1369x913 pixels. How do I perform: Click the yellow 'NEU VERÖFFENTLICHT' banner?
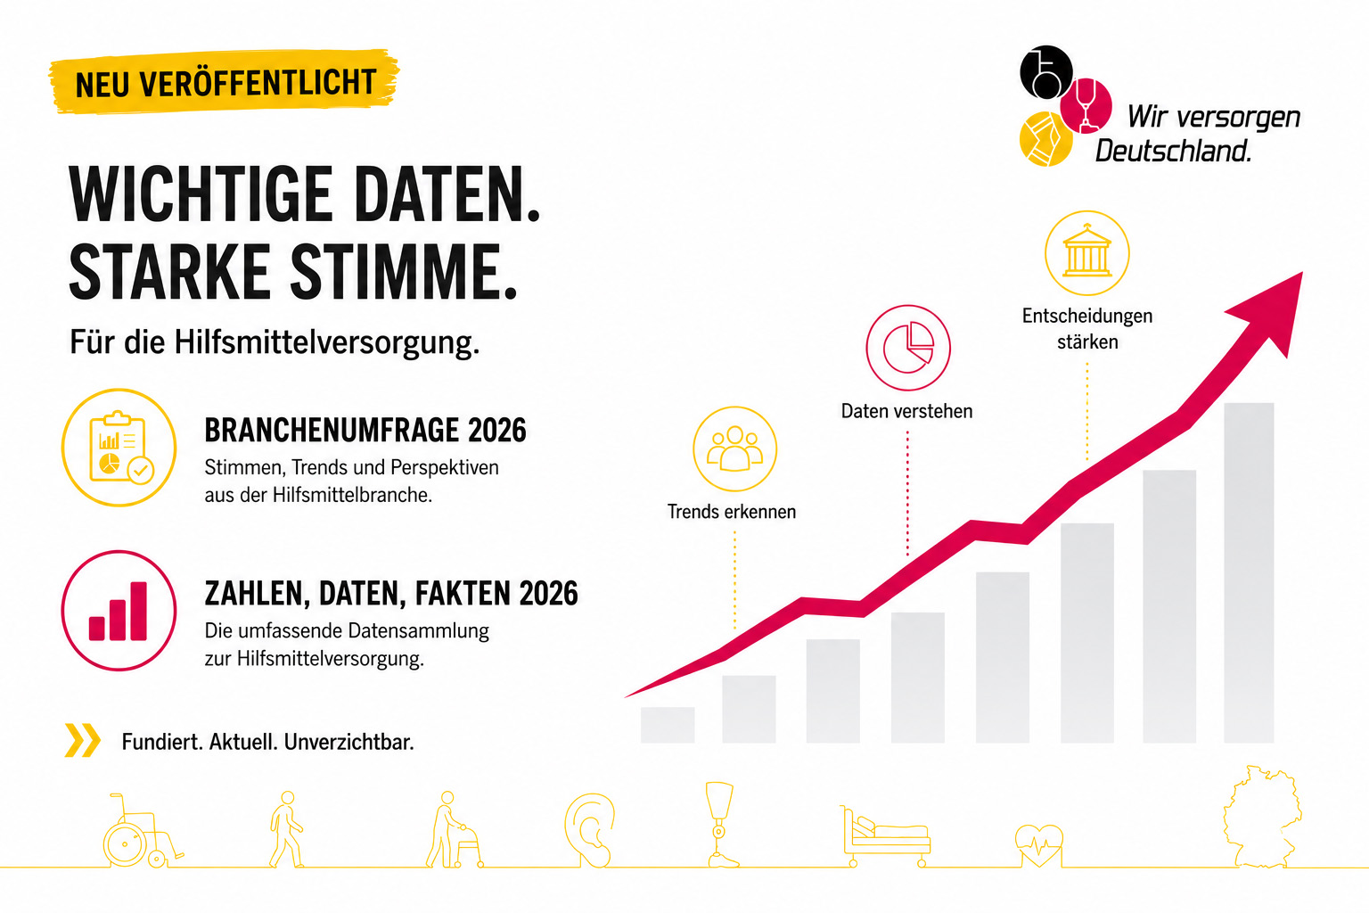point(224,82)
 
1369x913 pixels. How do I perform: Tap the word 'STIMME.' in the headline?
point(404,271)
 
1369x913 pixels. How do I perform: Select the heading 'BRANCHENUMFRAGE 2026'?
point(365,430)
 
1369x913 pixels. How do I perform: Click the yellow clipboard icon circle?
point(119,448)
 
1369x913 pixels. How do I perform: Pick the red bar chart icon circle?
point(119,610)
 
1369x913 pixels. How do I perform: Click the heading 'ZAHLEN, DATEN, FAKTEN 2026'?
point(391,593)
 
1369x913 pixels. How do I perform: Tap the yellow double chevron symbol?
point(83,741)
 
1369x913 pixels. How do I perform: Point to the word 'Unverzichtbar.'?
point(349,742)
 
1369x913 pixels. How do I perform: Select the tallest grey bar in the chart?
point(1249,573)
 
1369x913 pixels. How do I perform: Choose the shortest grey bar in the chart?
point(668,725)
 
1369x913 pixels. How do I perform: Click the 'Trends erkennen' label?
point(732,511)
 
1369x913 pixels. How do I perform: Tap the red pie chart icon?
point(908,348)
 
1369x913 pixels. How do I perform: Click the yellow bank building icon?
point(1087,252)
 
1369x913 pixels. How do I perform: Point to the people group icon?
point(734,448)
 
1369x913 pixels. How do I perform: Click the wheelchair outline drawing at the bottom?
point(143,830)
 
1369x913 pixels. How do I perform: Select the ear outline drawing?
point(589,830)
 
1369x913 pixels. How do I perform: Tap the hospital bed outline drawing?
point(886,836)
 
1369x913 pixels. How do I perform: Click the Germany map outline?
point(1262,817)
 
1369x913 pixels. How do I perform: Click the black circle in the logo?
point(1045,72)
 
